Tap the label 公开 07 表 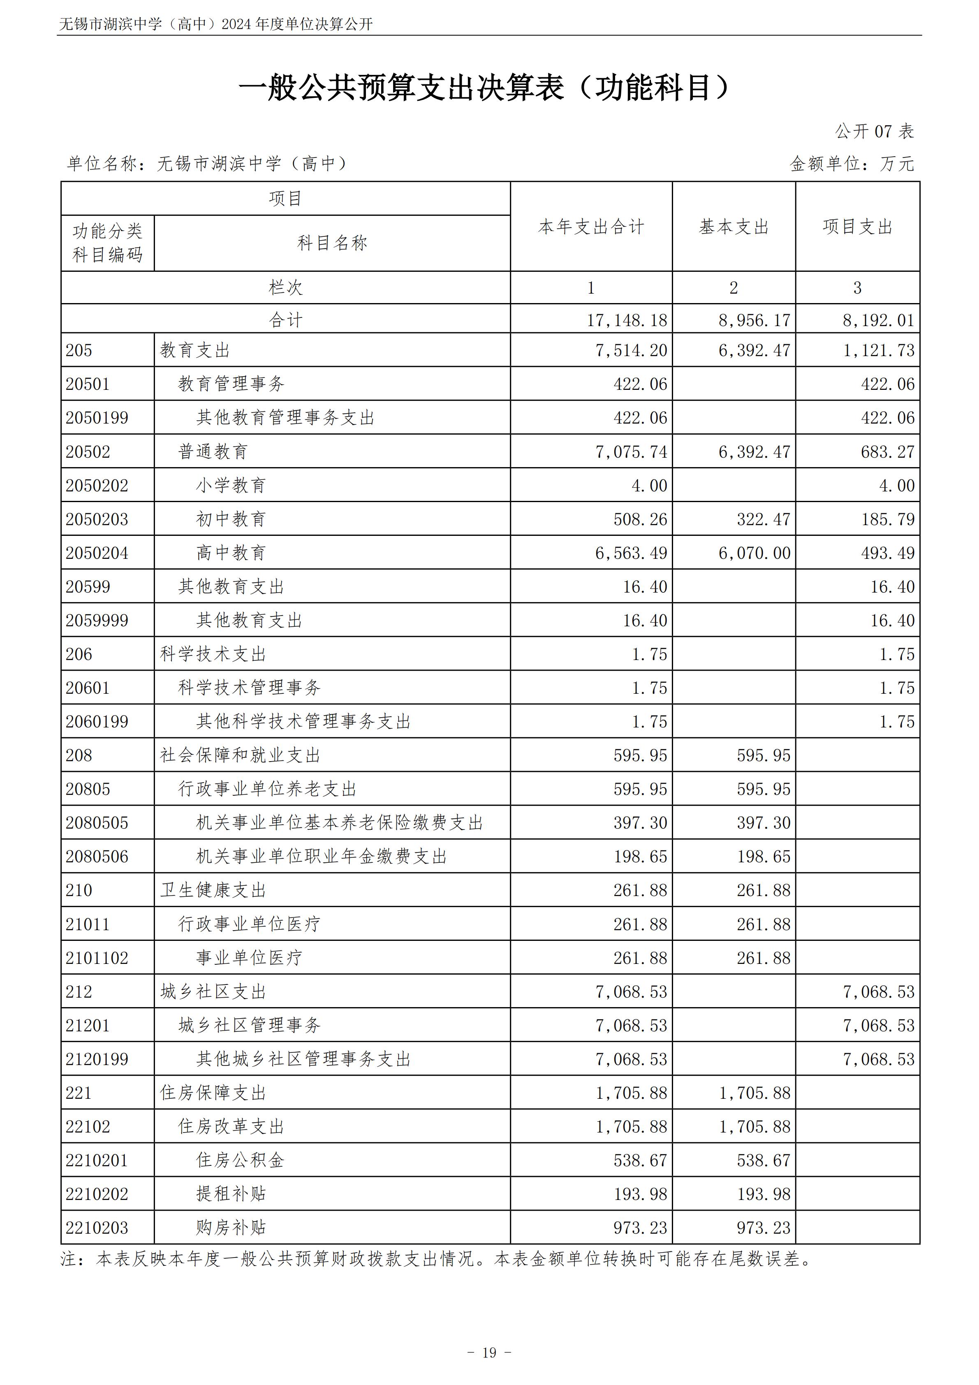point(874,132)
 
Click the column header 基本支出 point(734,227)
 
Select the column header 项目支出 point(857,227)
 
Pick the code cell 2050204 point(97,553)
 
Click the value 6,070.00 point(754,553)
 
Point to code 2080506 point(97,857)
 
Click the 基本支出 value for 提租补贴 point(763,1194)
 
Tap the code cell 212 point(79,992)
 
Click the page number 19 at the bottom point(489,1353)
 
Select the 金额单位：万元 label point(852,164)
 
